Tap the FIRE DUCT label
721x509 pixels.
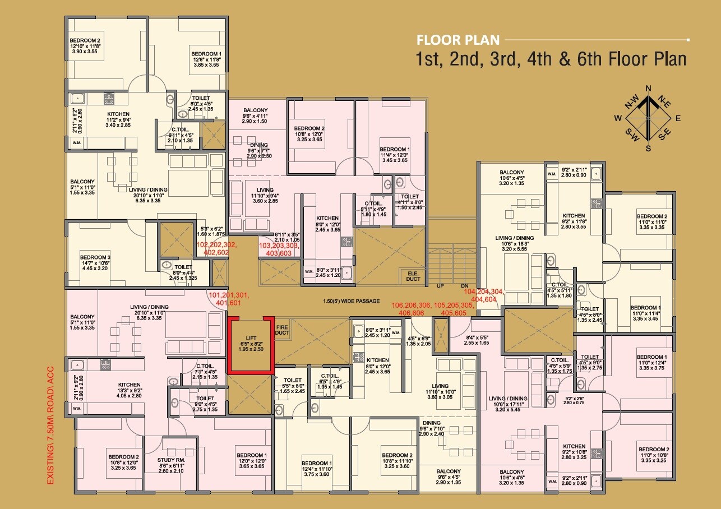(x=282, y=330)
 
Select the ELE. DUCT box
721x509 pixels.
(x=413, y=276)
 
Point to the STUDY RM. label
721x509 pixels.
(x=171, y=460)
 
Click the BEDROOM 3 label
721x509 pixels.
(x=95, y=257)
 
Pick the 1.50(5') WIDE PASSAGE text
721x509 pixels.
(x=352, y=301)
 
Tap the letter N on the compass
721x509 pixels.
(x=649, y=89)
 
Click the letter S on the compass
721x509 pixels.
(x=648, y=149)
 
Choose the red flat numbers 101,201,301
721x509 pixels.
(x=229, y=295)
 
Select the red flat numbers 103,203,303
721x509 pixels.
(x=279, y=246)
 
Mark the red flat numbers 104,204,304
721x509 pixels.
(x=483, y=291)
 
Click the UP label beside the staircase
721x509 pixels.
(x=440, y=286)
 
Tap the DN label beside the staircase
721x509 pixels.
(x=464, y=286)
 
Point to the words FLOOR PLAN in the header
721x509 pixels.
(x=458, y=40)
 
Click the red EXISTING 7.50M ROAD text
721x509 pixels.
(x=50, y=425)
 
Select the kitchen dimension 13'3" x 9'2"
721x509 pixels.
(x=129, y=390)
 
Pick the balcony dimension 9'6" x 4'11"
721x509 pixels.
(x=255, y=116)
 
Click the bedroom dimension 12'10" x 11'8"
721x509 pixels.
(x=85, y=46)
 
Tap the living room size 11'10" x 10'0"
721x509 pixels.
(x=440, y=392)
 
